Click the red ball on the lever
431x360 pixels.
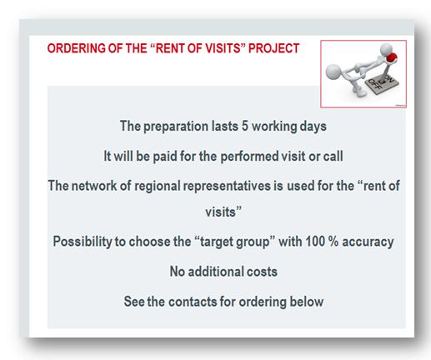(391, 57)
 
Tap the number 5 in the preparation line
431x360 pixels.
(244, 126)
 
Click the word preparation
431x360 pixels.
(176, 127)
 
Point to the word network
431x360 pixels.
(94, 186)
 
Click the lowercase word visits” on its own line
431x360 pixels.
(223, 212)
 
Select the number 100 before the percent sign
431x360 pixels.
(315, 241)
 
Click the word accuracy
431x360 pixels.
(368, 242)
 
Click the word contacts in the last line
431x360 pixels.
(193, 302)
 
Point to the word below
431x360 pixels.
(307, 302)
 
